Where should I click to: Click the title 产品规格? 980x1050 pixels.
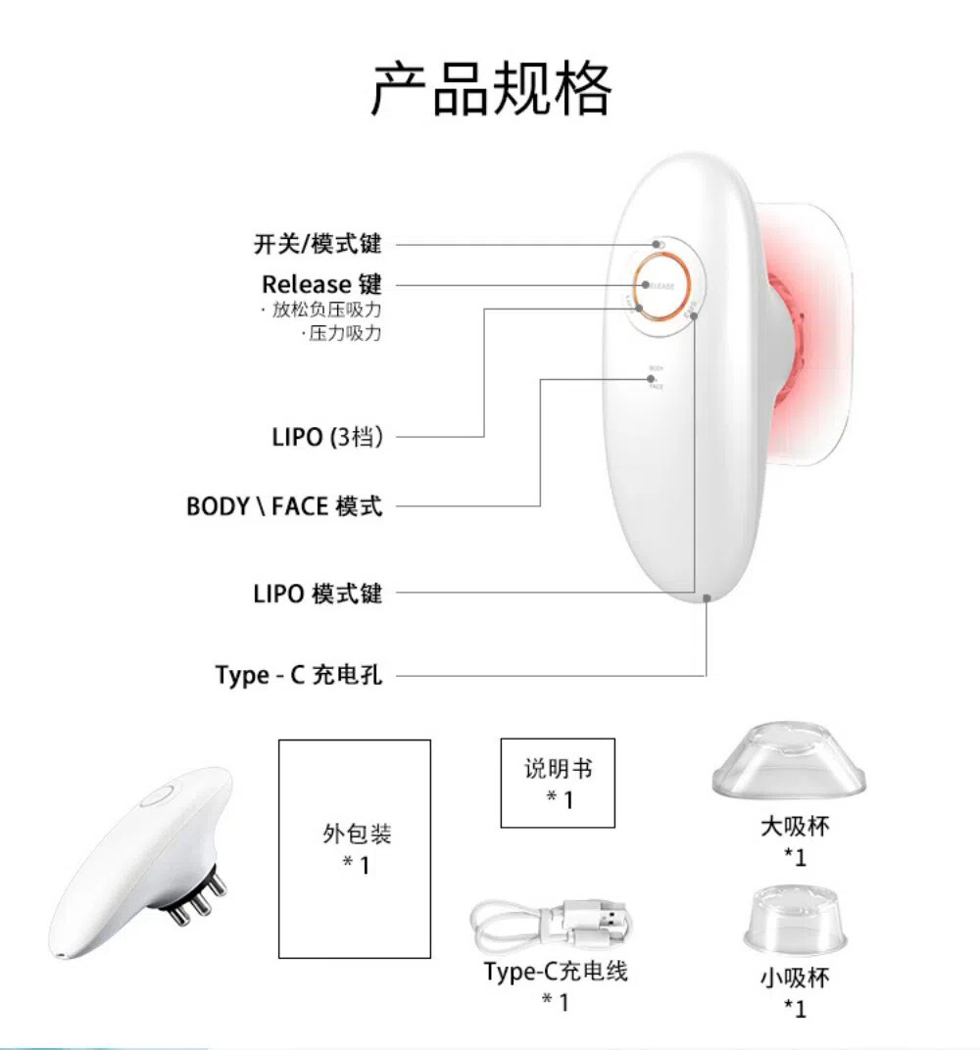(x=491, y=89)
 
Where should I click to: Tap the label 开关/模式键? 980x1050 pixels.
(x=317, y=244)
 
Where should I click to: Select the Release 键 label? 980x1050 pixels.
(x=321, y=284)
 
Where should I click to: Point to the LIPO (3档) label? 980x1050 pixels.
(x=326, y=437)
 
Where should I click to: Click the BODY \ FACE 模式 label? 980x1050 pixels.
(x=284, y=506)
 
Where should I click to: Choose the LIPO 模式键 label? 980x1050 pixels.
(x=317, y=593)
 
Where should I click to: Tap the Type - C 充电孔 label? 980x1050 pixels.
(x=299, y=675)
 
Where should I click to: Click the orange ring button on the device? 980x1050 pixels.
(x=662, y=286)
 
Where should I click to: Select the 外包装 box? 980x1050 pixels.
(x=355, y=848)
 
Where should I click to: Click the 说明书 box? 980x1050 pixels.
(x=558, y=783)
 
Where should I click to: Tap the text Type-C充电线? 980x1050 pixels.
(x=555, y=971)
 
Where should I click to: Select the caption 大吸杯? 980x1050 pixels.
(x=795, y=827)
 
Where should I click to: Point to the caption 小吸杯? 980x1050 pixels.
(x=794, y=978)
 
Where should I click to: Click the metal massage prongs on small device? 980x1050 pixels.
(x=196, y=900)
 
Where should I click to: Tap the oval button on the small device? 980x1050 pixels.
(x=156, y=796)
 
